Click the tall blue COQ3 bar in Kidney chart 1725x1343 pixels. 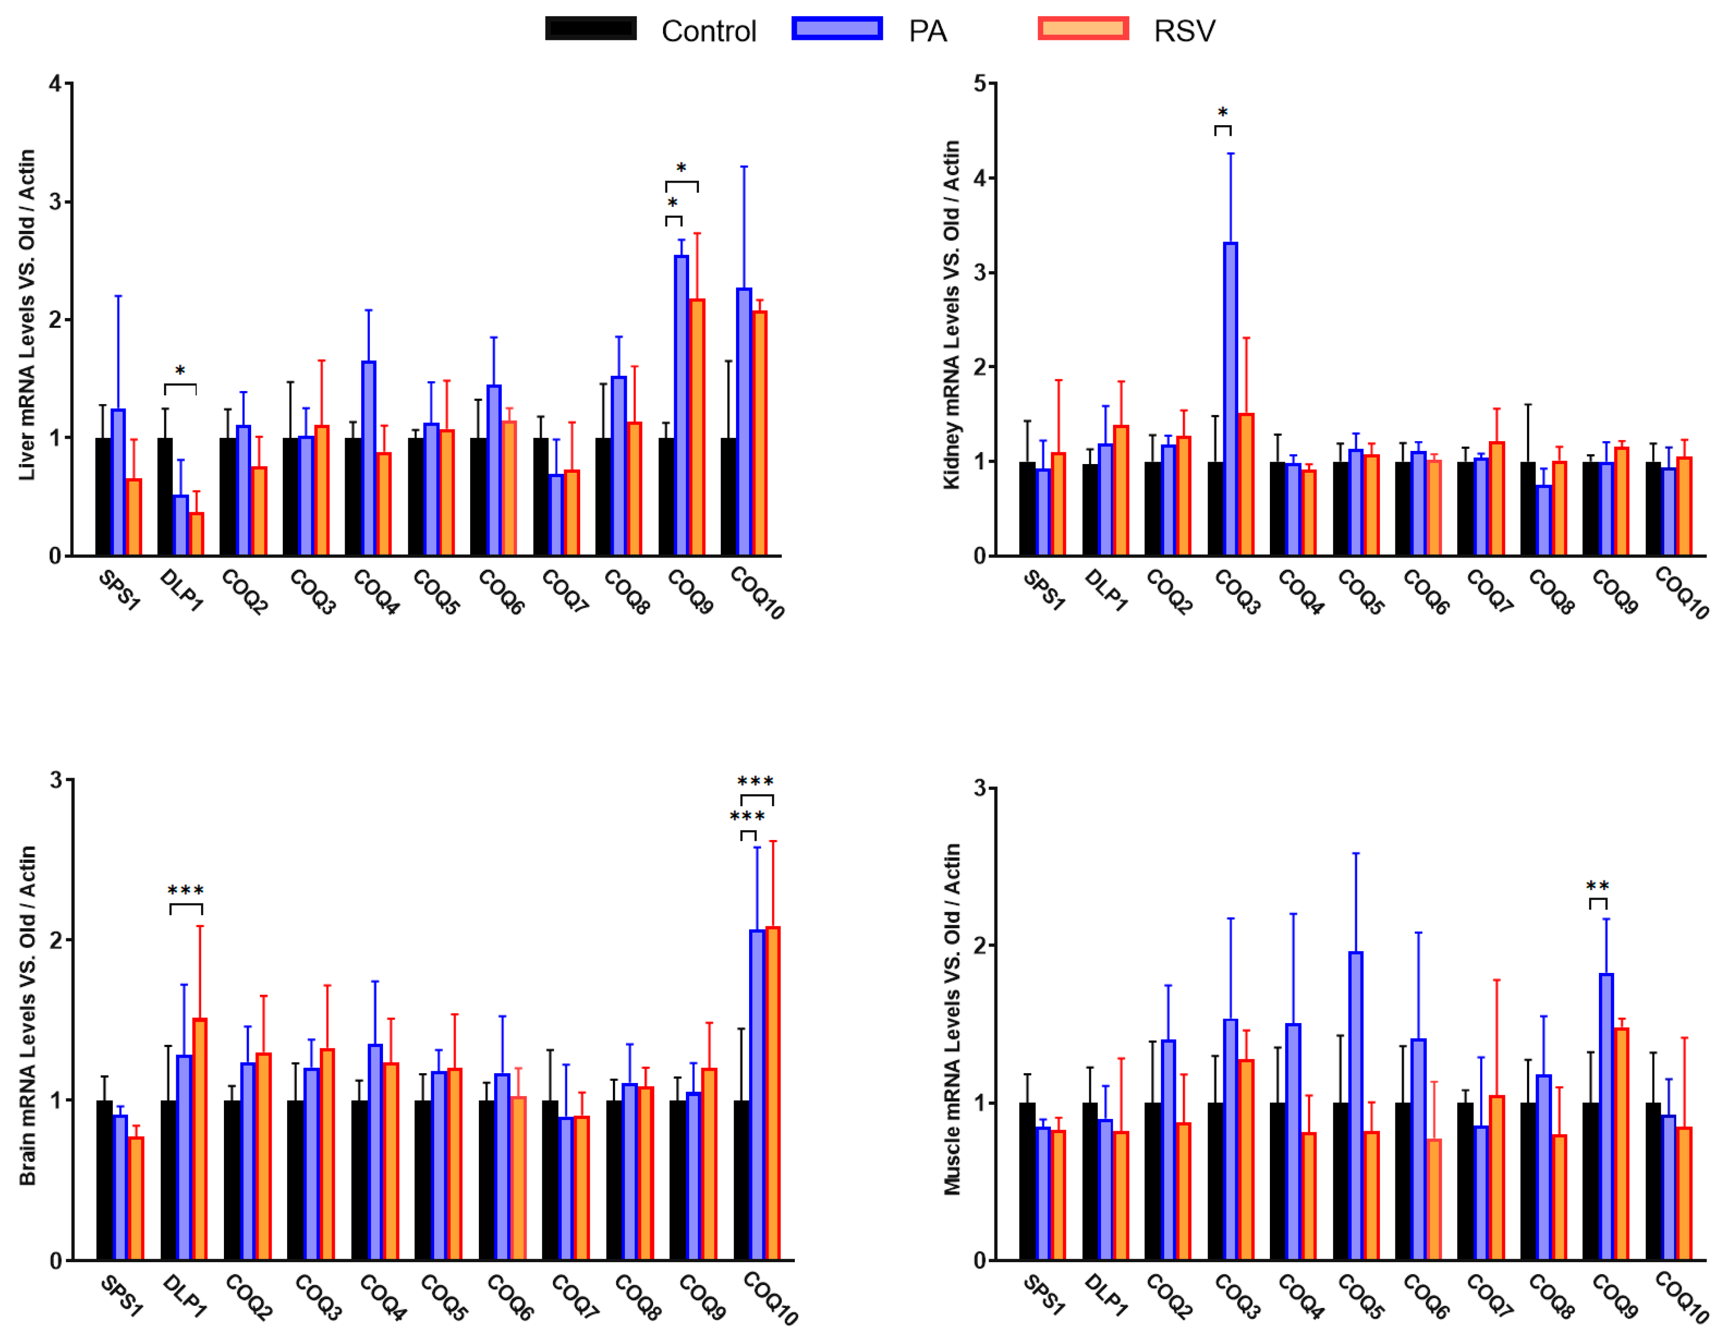[1230, 399]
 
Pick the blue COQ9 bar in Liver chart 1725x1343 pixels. [681, 405]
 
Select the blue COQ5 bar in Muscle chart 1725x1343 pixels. [1356, 1106]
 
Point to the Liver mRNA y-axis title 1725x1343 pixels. [28, 315]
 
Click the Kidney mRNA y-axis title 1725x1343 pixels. [952, 315]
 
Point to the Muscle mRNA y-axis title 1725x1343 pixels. [952, 1019]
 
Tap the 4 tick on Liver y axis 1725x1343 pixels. [55, 84]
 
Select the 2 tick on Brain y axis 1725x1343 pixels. [55, 940]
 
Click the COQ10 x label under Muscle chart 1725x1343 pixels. [1681, 1297]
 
